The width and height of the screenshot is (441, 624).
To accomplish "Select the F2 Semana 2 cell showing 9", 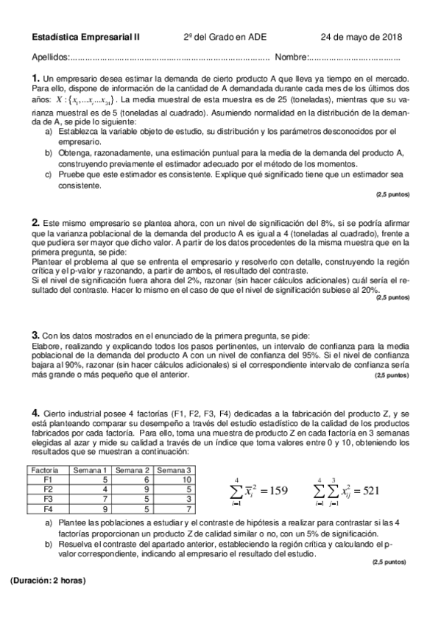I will coord(147,489).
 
